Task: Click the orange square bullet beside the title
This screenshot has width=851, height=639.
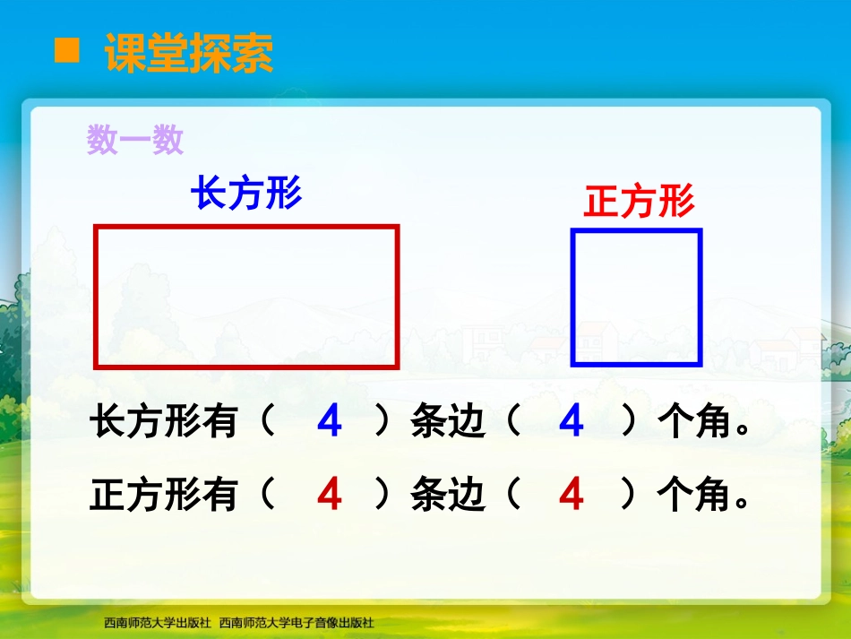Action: click(x=67, y=51)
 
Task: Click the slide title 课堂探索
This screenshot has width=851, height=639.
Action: click(x=189, y=54)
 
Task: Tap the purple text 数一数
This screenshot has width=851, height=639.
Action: click(x=135, y=140)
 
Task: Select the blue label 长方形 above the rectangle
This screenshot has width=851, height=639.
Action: click(x=246, y=193)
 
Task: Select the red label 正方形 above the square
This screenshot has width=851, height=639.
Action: click(x=639, y=202)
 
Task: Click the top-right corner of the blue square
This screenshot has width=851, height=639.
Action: click(x=699, y=232)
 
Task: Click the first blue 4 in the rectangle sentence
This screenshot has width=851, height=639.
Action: click(x=330, y=422)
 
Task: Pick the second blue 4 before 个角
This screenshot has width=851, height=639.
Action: click(x=571, y=422)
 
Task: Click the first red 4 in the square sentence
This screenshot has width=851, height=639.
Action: click(x=330, y=494)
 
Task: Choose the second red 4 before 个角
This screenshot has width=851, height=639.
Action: click(x=571, y=494)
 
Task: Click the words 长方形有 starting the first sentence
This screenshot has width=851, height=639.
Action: click(x=164, y=422)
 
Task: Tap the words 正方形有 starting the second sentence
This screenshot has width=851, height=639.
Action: click(x=164, y=494)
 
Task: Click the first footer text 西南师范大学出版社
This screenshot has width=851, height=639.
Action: click(x=157, y=621)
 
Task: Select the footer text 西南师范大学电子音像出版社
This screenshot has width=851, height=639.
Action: click(x=297, y=621)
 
